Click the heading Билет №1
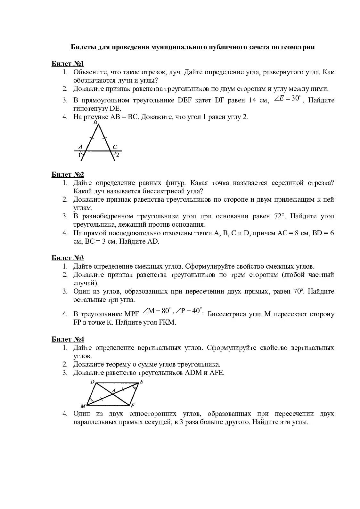pos(68,63)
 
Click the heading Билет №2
pos(68,174)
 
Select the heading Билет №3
pos(68,258)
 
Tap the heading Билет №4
pos(68,339)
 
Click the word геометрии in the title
pos(298,47)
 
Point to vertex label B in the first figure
pos(95,123)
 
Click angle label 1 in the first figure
pos(79,156)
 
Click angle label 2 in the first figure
pos(118,155)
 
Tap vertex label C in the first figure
pos(115,147)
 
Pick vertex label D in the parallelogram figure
pos(92,382)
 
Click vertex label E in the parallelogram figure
pos(142,382)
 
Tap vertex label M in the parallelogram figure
pos(83,406)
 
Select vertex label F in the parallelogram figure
pos(133,405)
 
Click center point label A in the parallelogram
pos(113,390)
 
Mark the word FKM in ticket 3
pos(167,322)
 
